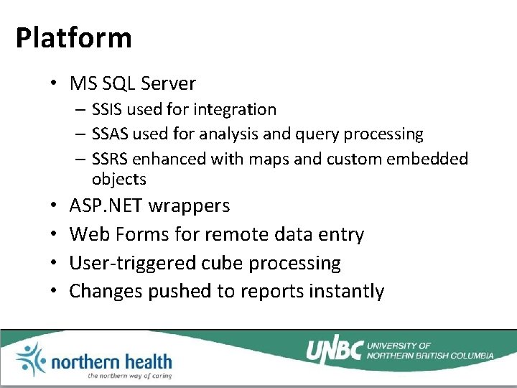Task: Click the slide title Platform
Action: (73, 37)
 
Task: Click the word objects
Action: (118, 179)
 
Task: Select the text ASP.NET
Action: (106, 205)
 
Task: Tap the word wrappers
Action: (189, 205)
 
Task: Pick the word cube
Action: (222, 263)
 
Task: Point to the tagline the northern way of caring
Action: (129, 375)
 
